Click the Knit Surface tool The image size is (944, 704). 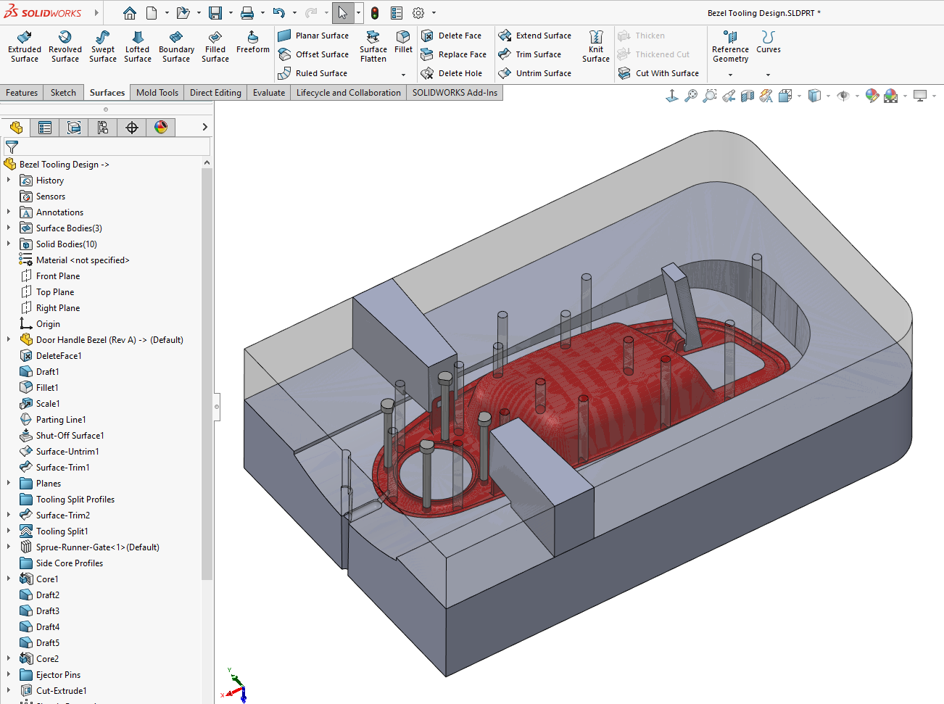tap(595, 46)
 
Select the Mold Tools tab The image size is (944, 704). tap(157, 93)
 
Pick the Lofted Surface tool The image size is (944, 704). tap(137, 46)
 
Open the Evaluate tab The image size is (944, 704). tap(268, 93)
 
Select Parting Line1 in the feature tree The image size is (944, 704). tap(61, 420)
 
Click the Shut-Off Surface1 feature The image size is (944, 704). tap(70, 436)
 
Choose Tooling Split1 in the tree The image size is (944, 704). tap(62, 531)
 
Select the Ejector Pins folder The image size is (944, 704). tap(58, 675)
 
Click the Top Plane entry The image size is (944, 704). tap(55, 292)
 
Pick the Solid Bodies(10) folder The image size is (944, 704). tap(66, 244)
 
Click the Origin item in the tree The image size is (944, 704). tap(48, 324)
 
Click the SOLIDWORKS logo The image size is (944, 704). tap(43, 13)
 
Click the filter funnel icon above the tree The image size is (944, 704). tap(12, 146)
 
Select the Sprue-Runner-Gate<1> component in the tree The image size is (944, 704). tap(97, 547)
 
